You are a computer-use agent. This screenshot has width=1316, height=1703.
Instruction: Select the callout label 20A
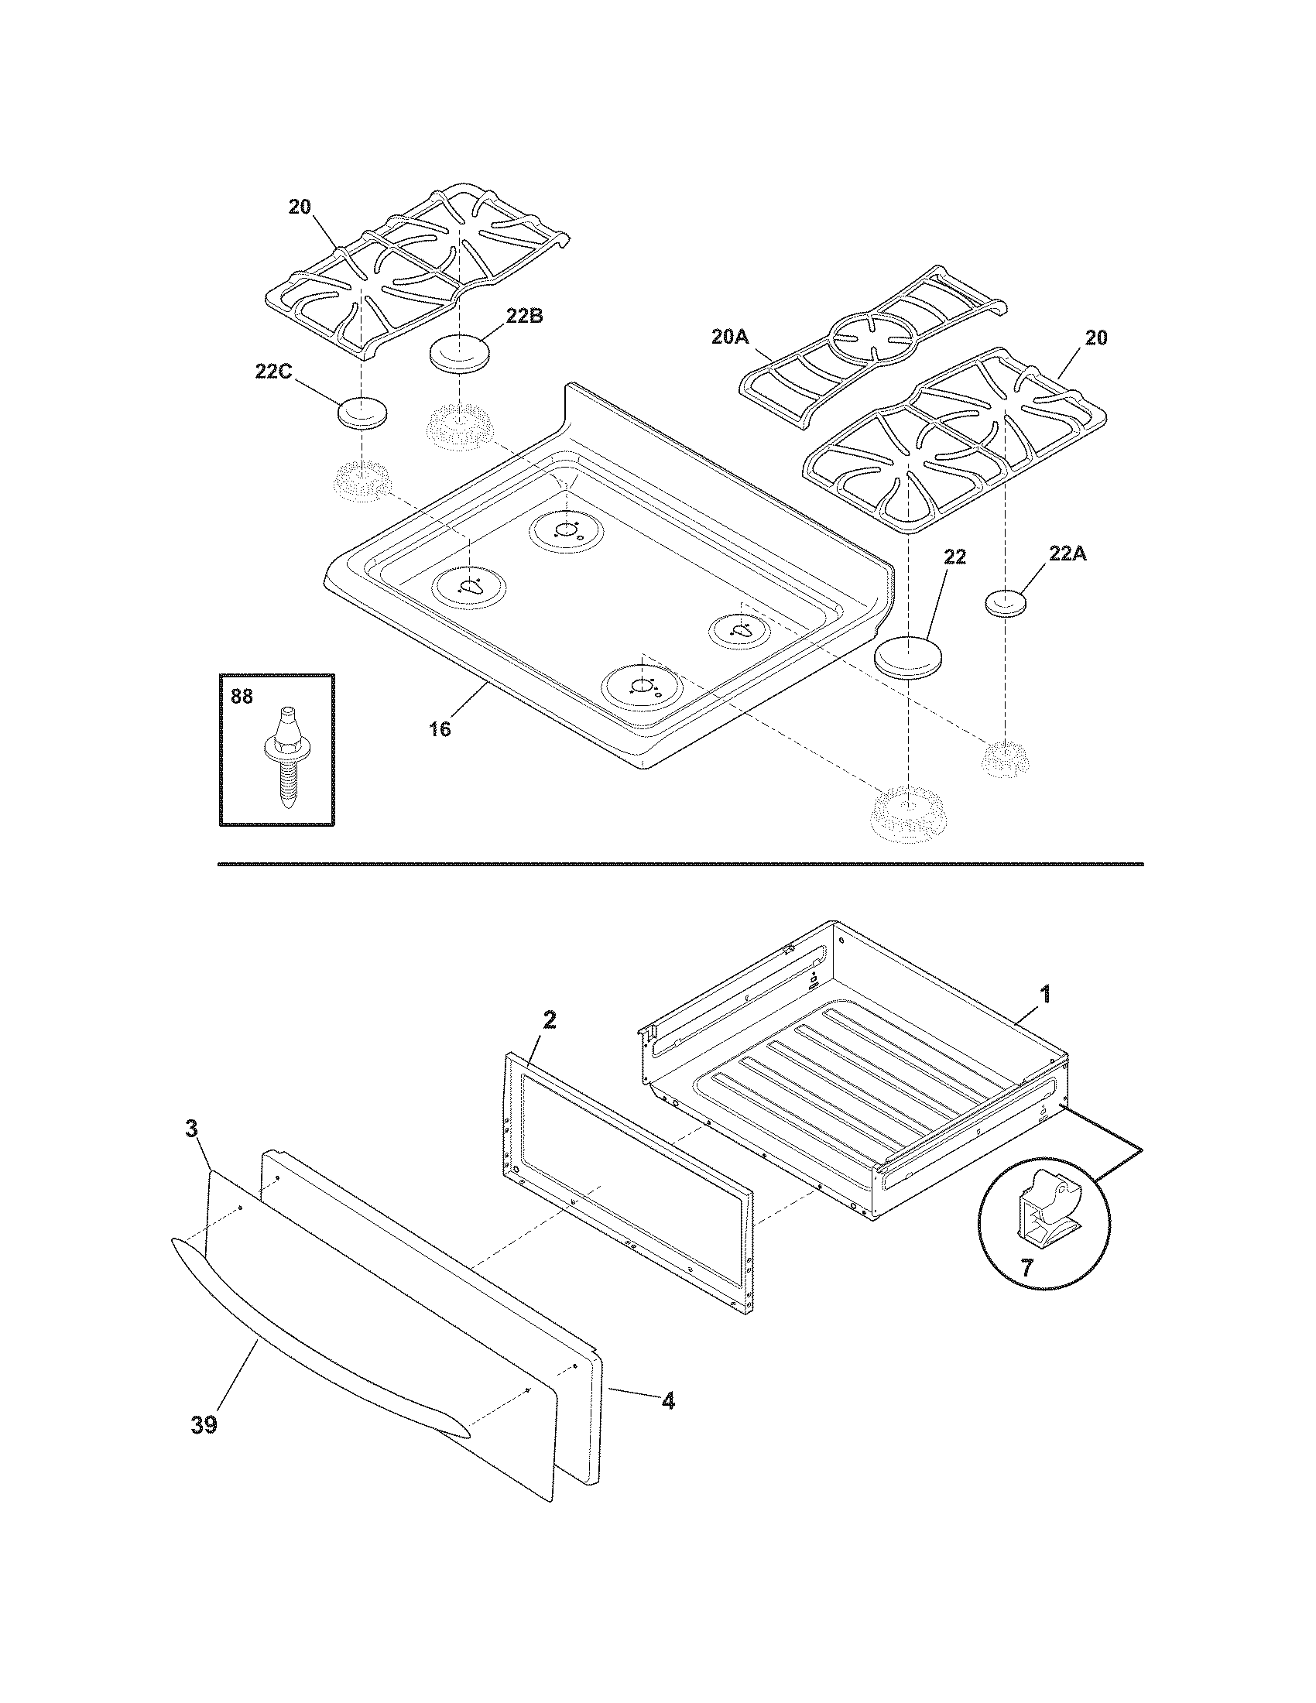[730, 337]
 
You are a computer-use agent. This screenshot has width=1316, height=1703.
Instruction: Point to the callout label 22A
[1067, 553]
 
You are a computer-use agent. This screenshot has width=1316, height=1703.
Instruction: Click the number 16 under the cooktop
[440, 729]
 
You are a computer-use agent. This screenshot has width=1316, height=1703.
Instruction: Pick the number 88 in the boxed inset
[242, 697]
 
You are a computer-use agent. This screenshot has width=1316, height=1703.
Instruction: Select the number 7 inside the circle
[1026, 1269]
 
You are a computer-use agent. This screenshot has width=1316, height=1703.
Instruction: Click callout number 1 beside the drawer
[1045, 994]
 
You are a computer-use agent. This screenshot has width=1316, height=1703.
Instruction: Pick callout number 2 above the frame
[550, 1020]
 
